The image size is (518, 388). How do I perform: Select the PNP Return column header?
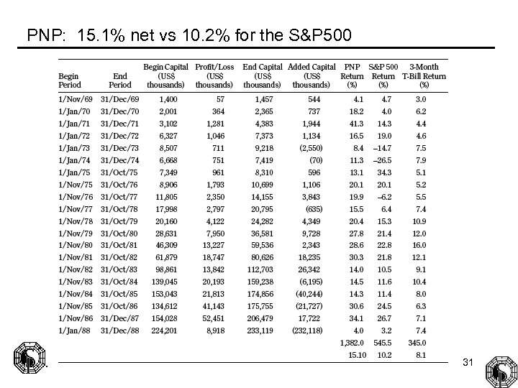[x=352, y=75]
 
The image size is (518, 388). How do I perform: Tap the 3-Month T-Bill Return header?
[x=424, y=75]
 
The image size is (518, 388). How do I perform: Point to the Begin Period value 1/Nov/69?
[x=74, y=98]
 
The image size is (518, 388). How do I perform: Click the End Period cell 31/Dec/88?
[x=119, y=330]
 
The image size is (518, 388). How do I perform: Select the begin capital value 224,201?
[x=164, y=330]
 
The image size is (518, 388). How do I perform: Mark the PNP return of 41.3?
[x=355, y=123]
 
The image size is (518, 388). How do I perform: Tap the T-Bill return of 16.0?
[x=419, y=245]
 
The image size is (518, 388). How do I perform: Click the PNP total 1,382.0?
[x=352, y=343]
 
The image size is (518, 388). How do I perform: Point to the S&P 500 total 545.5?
[x=383, y=343]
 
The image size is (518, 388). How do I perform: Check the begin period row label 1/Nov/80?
[x=74, y=245]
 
